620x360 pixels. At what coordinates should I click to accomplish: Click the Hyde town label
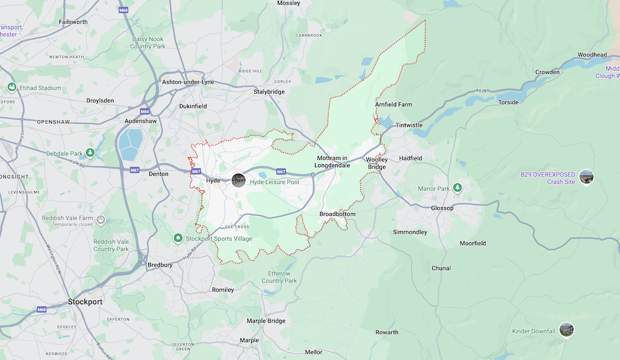[x=213, y=180]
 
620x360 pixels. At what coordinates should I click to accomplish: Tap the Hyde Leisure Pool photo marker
[x=239, y=180]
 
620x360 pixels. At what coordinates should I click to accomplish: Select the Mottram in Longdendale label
[x=332, y=162]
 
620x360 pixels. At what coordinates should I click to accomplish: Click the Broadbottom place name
[x=337, y=214]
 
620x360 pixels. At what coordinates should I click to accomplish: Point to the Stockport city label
[x=85, y=302]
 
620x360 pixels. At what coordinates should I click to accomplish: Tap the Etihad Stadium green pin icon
[x=11, y=87]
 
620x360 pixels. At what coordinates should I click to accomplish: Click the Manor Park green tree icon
[x=458, y=188]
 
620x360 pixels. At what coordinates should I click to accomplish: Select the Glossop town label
[x=442, y=208]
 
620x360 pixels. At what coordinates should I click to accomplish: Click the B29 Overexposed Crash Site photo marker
[x=586, y=177]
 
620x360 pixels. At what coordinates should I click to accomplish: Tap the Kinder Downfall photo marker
[x=565, y=330]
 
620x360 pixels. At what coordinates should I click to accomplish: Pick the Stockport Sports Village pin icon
[x=177, y=237]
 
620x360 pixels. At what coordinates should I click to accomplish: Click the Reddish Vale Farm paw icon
[x=100, y=219]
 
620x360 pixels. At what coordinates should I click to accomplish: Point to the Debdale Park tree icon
[x=91, y=152]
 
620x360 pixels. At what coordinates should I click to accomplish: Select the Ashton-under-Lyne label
[x=187, y=82]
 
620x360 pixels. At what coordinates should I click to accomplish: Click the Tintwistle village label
[x=409, y=125]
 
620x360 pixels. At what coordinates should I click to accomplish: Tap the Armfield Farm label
[x=393, y=105]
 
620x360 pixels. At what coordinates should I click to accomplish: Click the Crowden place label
[x=547, y=72]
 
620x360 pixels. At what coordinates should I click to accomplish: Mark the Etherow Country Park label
[x=280, y=277]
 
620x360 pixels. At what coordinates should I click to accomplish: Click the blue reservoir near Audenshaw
[x=130, y=145]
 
